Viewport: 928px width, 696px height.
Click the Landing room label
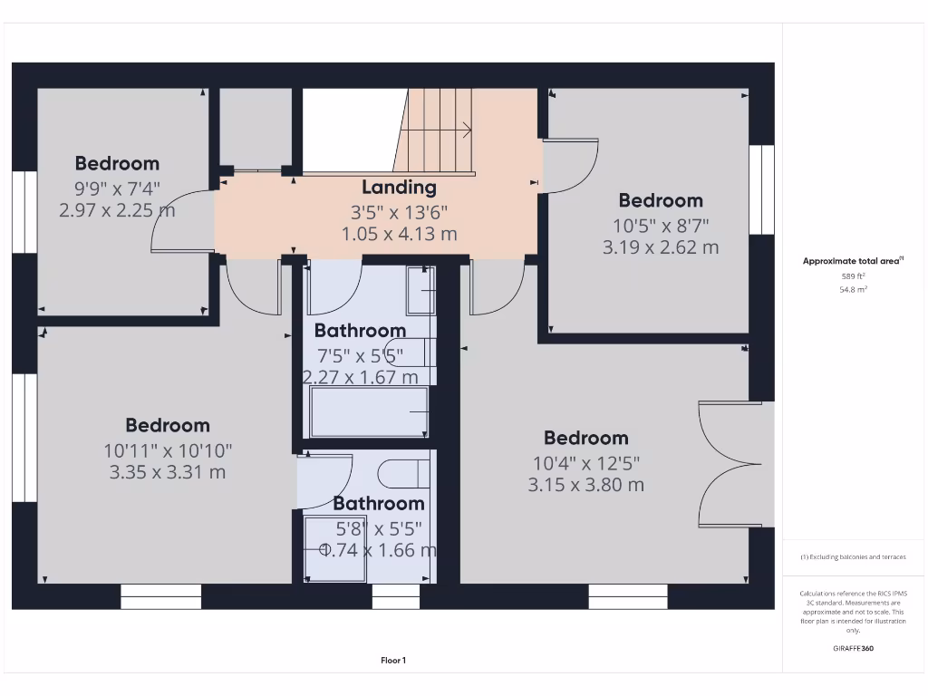click(399, 188)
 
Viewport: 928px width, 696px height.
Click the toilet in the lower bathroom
click(403, 473)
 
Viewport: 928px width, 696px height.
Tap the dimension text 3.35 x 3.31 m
click(167, 472)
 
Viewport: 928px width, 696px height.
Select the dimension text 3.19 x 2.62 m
click(661, 247)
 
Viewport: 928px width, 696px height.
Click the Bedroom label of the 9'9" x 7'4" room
click(117, 164)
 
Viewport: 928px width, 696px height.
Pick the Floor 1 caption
click(393, 661)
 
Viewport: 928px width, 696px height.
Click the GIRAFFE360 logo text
click(853, 648)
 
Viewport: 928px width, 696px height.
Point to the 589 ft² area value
click(853, 275)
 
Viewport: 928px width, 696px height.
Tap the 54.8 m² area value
click(853, 289)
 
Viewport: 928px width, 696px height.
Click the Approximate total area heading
click(853, 261)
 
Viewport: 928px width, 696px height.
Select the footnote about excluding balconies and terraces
click(853, 557)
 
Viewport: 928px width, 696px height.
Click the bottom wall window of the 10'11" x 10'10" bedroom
click(160, 595)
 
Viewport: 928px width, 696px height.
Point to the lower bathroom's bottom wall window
click(395, 595)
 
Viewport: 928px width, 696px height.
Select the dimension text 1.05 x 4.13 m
click(399, 234)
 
